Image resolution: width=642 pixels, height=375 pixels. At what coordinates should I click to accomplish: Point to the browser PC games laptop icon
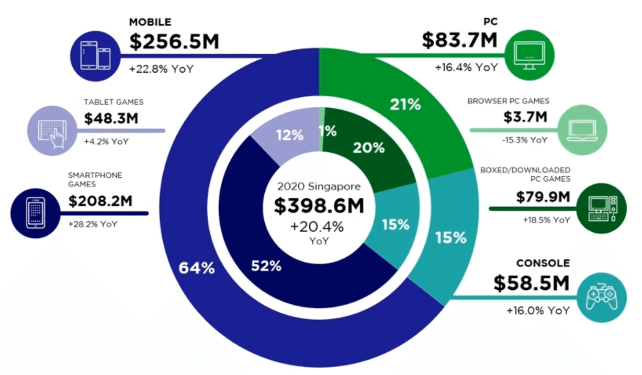pos(582,129)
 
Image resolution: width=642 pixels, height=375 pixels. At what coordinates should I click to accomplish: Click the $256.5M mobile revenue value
pos(174,42)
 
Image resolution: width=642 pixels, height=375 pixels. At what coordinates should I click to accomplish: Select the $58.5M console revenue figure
pos(531,284)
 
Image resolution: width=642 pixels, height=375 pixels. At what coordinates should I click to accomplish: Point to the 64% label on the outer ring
pos(197,268)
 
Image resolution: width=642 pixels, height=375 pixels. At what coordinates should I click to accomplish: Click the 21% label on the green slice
pos(405,105)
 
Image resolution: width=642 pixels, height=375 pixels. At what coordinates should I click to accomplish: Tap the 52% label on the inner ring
pos(266,266)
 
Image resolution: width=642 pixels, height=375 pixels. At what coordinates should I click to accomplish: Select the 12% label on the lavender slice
pos(289,135)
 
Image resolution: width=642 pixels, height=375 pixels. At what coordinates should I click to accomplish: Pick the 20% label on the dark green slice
pos(369,148)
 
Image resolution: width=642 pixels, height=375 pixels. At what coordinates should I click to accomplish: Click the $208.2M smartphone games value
pos(101,201)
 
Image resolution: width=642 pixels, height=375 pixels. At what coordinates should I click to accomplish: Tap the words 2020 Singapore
pos(319,186)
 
